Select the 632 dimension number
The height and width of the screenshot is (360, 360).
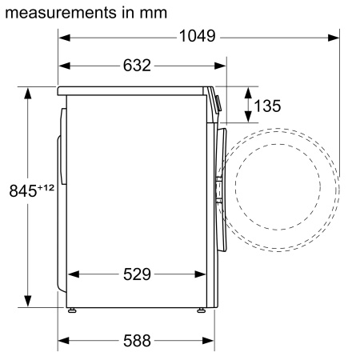(137, 66)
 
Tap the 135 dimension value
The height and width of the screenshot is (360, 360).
(266, 106)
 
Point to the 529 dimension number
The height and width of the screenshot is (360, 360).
(137, 275)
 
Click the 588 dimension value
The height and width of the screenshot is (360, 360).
(137, 341)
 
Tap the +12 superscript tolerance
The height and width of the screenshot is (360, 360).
(47, 186)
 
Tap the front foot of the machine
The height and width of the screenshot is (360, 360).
(201, 309)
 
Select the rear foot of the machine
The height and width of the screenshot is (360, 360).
(72, 309)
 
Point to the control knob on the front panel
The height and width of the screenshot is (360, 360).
(219, 103)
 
